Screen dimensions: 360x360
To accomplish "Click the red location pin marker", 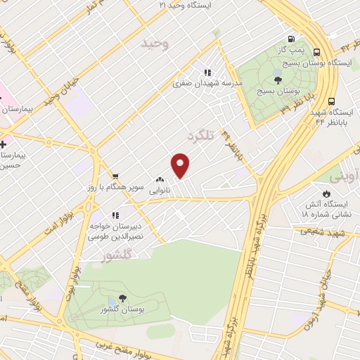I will pyautogui.click(x=181, y=165).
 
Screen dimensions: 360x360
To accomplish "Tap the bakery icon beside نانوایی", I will pyautogui.click(x=160, y=179).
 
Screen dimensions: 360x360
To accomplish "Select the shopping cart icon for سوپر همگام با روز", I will pyautogui.click(x=115, y=176).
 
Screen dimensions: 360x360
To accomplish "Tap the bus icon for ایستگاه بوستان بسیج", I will pyautogui.click(x=317, y=52).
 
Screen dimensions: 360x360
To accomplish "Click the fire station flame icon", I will pyautogui.click(x=326, y=193).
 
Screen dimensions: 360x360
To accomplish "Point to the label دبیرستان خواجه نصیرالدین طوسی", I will pyautogui.click(x=115, y=231).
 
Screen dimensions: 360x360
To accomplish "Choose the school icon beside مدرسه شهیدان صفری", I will pyautogui.click(x=207, y=72).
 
